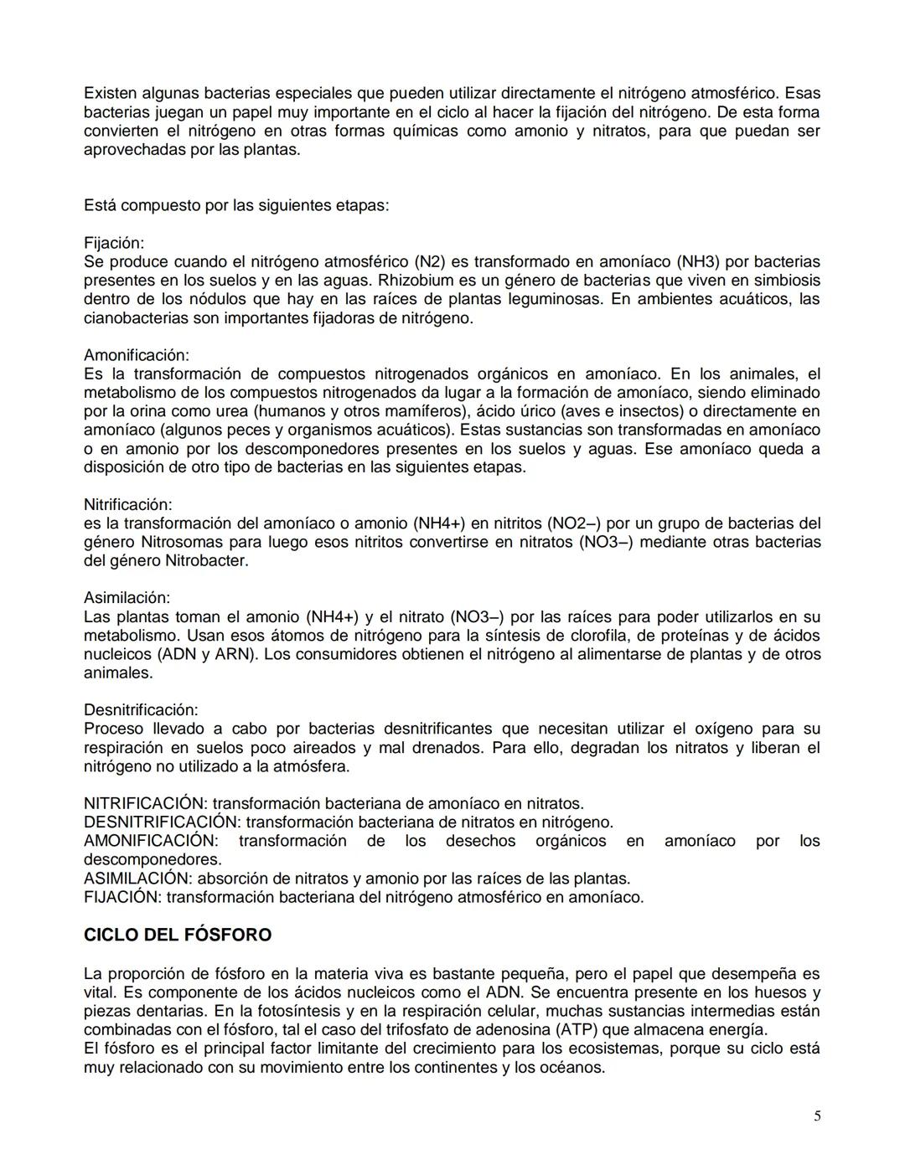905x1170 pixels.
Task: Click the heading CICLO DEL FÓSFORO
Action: tap(177, 935)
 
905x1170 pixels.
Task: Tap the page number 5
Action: tap(817, 1116)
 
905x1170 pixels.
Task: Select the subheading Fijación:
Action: tap(114, 243)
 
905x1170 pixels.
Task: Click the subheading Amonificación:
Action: tap(137, 355)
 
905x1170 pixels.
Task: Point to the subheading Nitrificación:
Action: tap(127, 504)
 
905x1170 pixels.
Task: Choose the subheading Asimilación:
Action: tap(127, 598)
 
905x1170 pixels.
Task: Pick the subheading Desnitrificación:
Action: tap(141, 710)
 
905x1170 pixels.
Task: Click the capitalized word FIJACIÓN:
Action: tap(122, 897)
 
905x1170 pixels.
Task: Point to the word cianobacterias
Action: tap(133, 318)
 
